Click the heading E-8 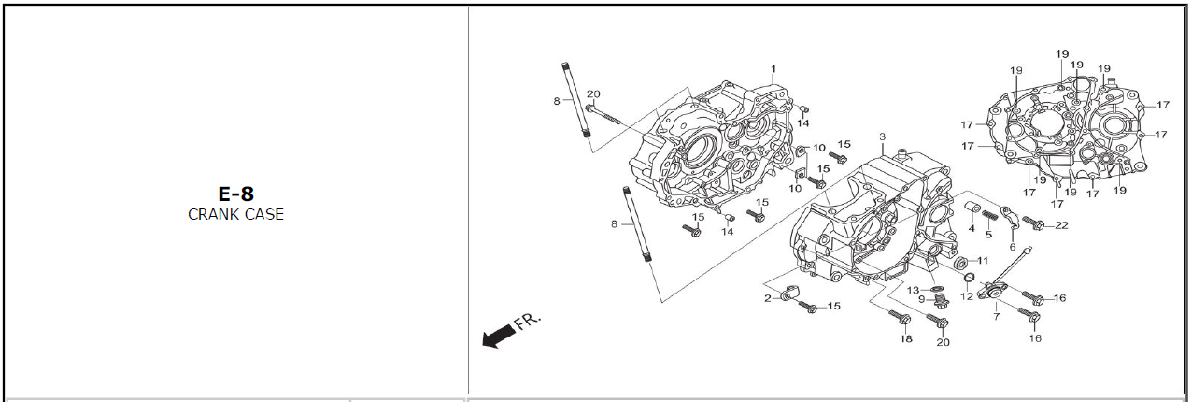tap(235, 194)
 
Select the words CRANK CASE tap(235, 214)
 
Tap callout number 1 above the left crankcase tap(773, 70)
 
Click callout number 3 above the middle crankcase tap(882, 137)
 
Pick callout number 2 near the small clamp tap(768, 298)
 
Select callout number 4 tap(972, 228)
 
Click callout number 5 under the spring tap(988, 234)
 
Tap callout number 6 tap(1013, 247)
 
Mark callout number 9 tap(921, 299)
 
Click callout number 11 tap(982, 260)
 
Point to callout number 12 tap(967, 296)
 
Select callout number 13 tap(913, 289)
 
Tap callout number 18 tap(905, 338)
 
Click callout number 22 tap(1061, 225)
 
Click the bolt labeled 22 tap(1033, 223)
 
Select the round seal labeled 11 tap(961, 260)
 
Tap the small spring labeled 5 tap(989, 217)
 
